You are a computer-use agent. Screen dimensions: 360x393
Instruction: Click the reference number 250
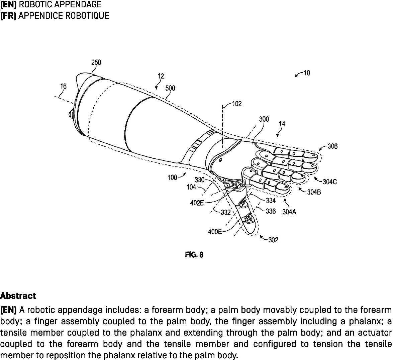coord(96,63)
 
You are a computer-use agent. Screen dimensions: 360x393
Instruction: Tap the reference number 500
coord(170,88)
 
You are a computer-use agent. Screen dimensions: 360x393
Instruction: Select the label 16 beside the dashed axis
coord(63,86)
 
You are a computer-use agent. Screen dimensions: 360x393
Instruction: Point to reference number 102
coord(237,104)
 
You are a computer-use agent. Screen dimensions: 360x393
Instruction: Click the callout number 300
coord(264,119)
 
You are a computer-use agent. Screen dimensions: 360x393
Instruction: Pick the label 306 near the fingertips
coord(332,146)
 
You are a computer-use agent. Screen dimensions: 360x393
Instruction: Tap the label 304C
coord(329,182)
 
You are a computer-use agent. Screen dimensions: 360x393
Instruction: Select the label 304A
coord(289,212)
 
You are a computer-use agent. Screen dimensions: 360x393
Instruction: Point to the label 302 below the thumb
coord(273,240)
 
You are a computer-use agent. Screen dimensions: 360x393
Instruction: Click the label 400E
coord(215,231)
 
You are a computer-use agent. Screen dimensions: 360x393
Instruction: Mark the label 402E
coord(197,203)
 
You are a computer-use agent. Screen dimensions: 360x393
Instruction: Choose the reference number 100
coord(172,177)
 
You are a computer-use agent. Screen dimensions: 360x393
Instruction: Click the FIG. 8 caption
coord(194,255)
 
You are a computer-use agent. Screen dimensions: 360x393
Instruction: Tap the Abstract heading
coord(18,296)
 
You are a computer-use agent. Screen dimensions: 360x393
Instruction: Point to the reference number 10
coord(306,73)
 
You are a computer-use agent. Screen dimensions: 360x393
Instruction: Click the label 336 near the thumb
coord(271,211)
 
